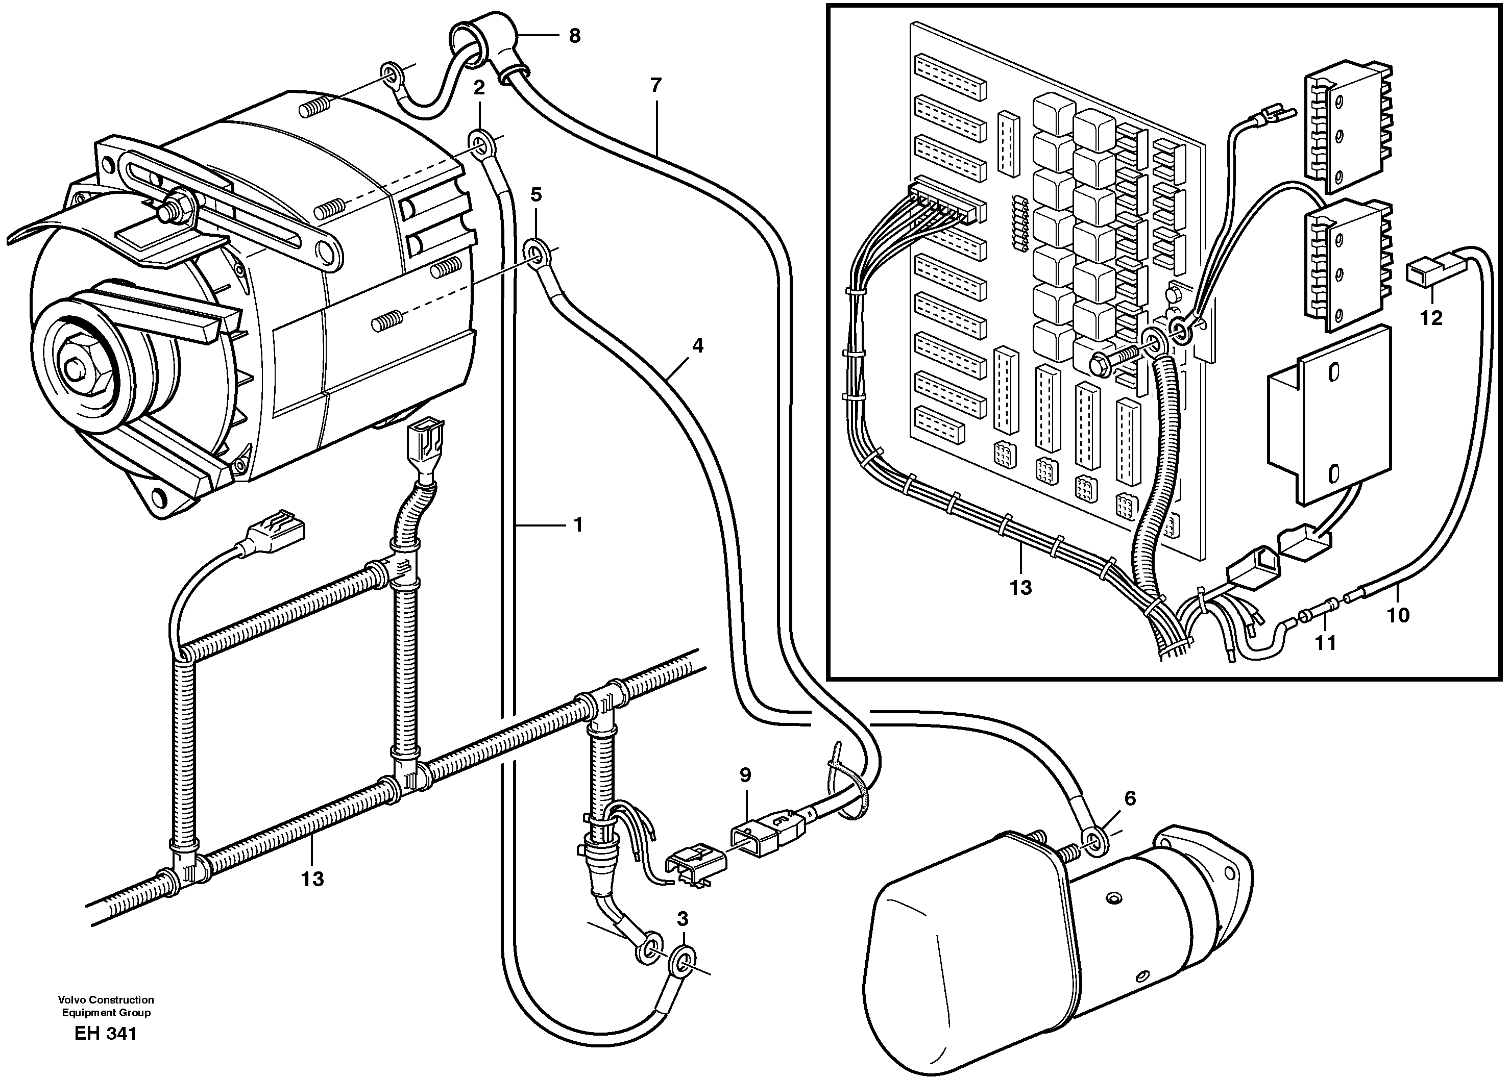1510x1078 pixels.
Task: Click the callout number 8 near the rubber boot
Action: point(574,36)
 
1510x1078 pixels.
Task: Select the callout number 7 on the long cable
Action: point(656,86)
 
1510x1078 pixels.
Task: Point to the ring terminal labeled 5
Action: point(536,252)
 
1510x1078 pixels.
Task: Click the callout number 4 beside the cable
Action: point(697,345)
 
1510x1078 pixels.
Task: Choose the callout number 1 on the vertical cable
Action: point(578,525)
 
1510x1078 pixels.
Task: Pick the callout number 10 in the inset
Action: point(1398,615)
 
